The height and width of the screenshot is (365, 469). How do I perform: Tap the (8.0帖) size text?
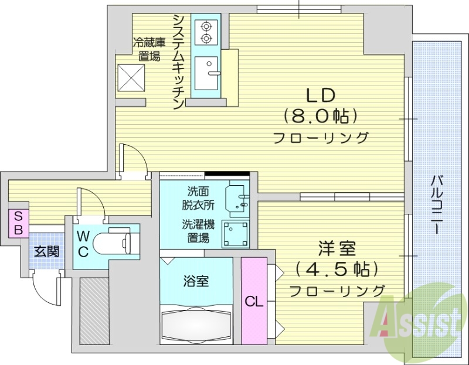pyautogui.click(x=320, y=115)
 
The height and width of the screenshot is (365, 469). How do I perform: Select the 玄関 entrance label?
pyautogui.click(x=46, y=253)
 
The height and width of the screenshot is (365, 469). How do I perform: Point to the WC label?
pyautogui.click(x=83, y=244)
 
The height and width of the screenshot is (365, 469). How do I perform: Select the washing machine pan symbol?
pyautogui.click(x=235, y=234)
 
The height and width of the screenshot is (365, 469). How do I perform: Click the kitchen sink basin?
pyautogui.click(x=206, y=73)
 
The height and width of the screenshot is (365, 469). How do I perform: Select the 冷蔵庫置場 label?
pyautogui.click(x=149, y=50)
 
